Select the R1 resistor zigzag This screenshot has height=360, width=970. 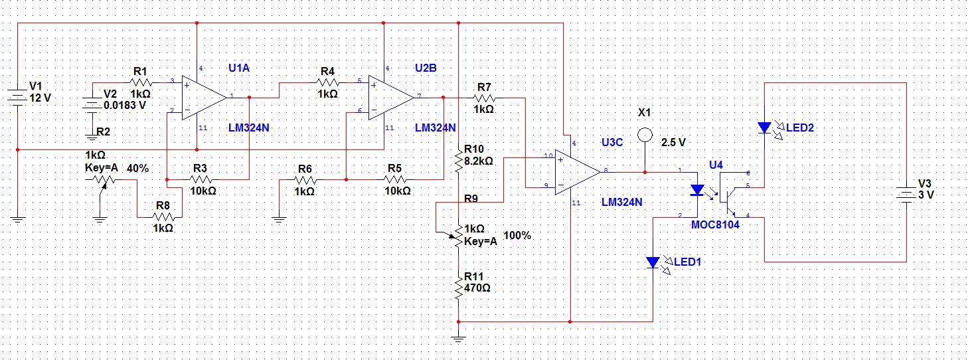141,82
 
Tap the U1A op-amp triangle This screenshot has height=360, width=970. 204,98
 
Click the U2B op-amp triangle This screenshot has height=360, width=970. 391,98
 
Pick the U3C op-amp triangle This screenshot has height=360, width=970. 578,173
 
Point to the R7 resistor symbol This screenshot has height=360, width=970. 484,98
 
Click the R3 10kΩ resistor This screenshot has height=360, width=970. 201,179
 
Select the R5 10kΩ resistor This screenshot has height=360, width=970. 395,179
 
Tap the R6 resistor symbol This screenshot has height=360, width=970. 305,179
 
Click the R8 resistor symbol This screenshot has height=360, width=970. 163,217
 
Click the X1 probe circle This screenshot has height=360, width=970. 645,135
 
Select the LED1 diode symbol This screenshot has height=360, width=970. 653,262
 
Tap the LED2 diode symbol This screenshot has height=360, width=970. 765,128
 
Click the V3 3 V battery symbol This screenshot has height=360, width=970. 906,195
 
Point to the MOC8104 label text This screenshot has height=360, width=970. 715,225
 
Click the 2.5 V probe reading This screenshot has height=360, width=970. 673,143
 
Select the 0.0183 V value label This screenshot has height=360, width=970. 125,105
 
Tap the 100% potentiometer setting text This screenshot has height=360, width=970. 517,236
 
